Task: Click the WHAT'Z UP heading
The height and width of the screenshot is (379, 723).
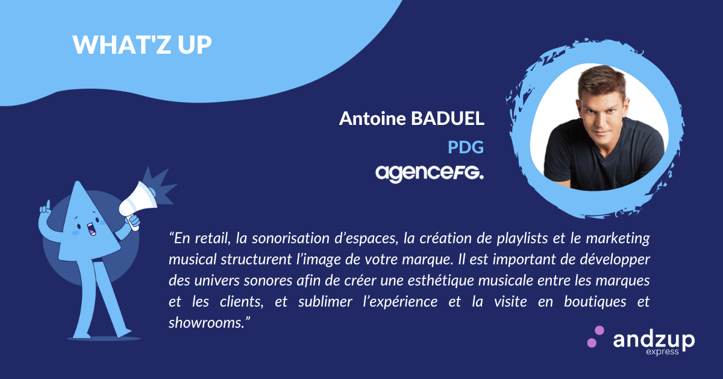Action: [x=142, y=44]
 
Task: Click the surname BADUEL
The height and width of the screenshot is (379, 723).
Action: [x=448, y=118]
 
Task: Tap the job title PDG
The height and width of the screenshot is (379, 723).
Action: [x=465, y=147]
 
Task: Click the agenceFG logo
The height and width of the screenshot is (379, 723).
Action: [x=429, y=174]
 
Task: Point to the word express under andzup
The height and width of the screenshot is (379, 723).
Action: [x=662, y=352]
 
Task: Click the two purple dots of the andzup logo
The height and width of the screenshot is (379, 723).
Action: [x=595, y=337]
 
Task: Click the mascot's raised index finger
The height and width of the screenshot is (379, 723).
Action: [x=48, y=206]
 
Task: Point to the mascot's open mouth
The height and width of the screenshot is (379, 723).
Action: [x=91, y=229]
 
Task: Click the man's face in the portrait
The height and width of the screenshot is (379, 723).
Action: [x=602, y=114]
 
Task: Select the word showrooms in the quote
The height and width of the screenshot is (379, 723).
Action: [x=205, y=323]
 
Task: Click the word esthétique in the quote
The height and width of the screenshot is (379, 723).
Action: [x=441, y=281]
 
